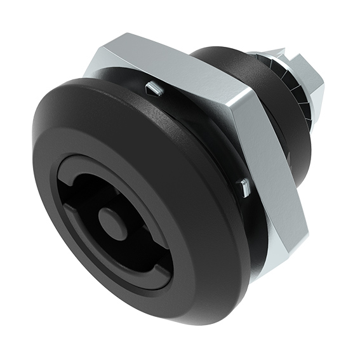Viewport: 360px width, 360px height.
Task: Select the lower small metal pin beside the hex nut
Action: [x=243, y=187]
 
